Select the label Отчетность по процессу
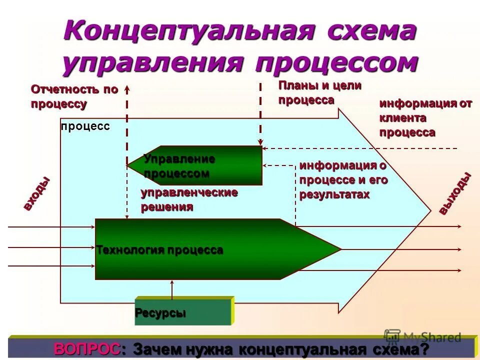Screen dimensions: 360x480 click(74, 96)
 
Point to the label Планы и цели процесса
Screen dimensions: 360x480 click(319, 92)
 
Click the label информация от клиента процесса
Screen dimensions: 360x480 click(425, 118)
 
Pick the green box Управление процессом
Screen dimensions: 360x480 click(195, 166)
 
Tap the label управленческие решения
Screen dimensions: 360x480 click(189, 199)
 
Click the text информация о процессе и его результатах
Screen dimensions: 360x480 click(343, 180)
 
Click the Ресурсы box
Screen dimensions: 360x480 click(183, 312)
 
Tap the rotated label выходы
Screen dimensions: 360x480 click(455, 193)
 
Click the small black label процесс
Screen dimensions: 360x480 click(85, 126)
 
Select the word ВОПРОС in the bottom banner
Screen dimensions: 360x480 click(87, 349)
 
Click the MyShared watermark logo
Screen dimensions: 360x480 click(422, 337)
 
